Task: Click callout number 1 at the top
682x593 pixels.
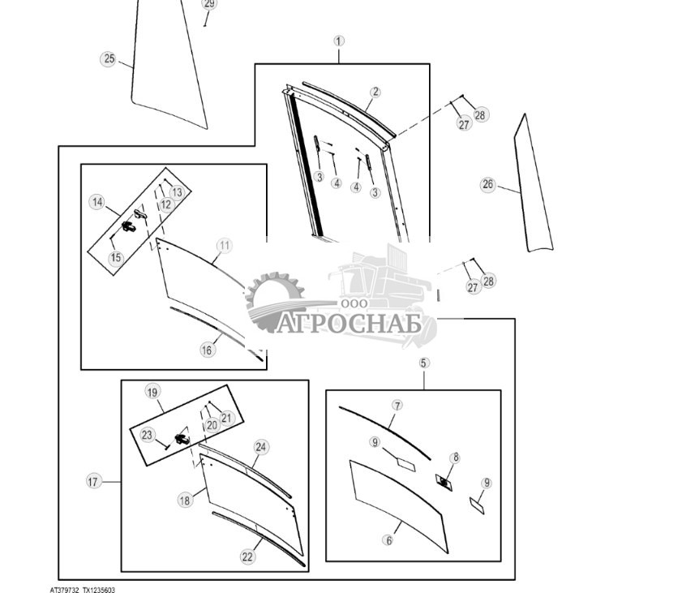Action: pyautogui.click(x=339, y=41)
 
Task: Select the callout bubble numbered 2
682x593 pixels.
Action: pyautogui.click(x=375, y=92)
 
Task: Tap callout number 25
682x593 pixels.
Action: pyautogui.click(x=109, y=58)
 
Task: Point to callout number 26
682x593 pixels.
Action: pyautogui.click(x=487, y=185)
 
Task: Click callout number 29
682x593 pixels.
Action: pyautogui.click(x=209, y=3)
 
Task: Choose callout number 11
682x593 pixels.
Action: pyautogui.click(x=225, y=245)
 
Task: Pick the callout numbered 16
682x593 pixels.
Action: pyautogui.click(x=207, y=350)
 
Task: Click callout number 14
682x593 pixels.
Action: pyautogui.click(x=97, y=202)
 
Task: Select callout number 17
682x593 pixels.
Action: pyautogui.click(x=92, y=482)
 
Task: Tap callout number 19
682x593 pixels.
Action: pyautogui.click(x=152, y=392)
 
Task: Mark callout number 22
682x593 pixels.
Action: pyautogui.click(x=247, y=556)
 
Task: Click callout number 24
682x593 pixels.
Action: pyautogui.click(x=260, y=447)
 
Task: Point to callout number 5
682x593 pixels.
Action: pyautogui.click(x=424, y=363)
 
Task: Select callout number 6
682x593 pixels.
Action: pyautogui.click(x=388, y=540)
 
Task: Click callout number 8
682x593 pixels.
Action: pyautogui.click(x=455, y=458)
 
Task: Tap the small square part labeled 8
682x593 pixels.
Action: pyautogui.click(x=444, y=483)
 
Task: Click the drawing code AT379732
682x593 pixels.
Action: pyautogui.click(x=64, y=590)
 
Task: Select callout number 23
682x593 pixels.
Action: pyautogui.click(x=147, y=435)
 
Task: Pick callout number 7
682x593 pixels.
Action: pyautogui.click(x=397, y=405)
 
